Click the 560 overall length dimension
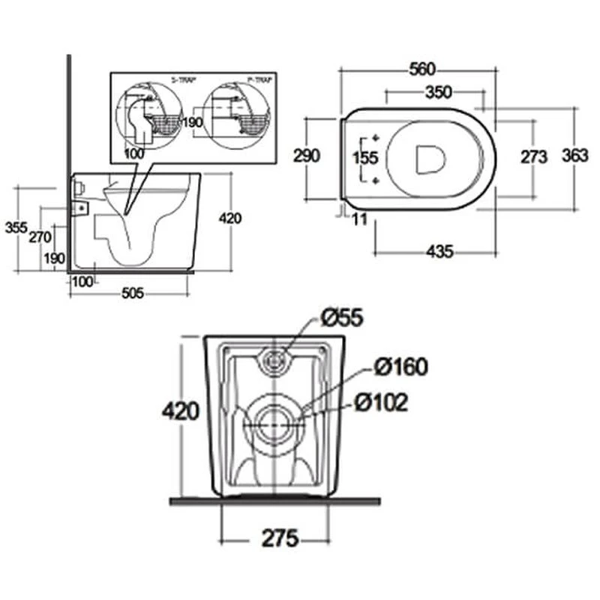pyautogui.click(x=422, y=70)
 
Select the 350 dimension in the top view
pyautogui.click(x=439, y=92)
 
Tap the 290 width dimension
pyautogui.click(x=306, y=155)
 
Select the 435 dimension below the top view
pyautogui.click(x=439, y=252)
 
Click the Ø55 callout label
pyautogui.click(x=342, y=318)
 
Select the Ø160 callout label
pyautogui.click(x=400, y=367)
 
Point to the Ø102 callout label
pyautogui.click(x=382, y=403)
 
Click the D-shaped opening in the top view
pyautogui.click(x=430, y=157)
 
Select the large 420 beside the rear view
pyautogui.click(x=180, y=410)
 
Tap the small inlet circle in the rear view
pyautogui.click(x=276, y=361)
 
